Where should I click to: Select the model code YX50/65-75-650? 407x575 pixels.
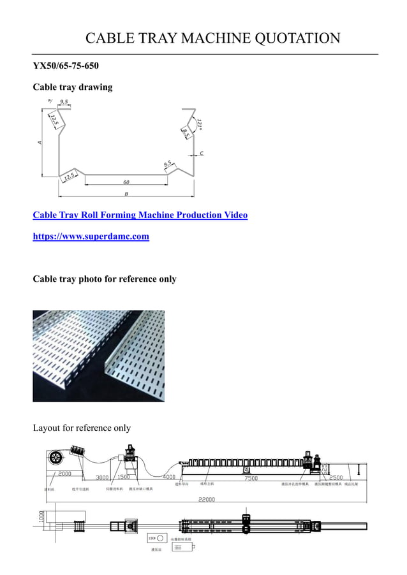(x=66, y=66)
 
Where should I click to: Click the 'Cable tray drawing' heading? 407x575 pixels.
(x=72, y=87)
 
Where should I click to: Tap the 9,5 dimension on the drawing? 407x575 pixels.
(x=64, y=101)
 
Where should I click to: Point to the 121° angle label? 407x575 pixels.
(x=200, y=124)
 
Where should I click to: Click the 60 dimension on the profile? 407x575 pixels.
(x=126, y=182)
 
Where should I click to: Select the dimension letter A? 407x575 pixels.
(x=40, y=142)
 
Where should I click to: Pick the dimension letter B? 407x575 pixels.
(x=126, y=194)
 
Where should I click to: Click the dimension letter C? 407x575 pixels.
(x=202, y=154)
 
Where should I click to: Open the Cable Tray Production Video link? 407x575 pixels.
(x=140, y=215)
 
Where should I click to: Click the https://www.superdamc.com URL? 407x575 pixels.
(x=91, y=237)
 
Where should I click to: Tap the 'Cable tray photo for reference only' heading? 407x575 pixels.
(x=104, y=279)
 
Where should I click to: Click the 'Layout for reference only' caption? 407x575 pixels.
(x=82, y=428)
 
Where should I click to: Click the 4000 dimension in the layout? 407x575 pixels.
(x=169, y=477)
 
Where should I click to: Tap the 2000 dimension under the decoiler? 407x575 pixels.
(x=64, y=474)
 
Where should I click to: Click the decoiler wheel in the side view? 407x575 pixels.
(x=56, y=458)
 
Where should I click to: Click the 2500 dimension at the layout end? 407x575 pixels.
(x=336, y=477)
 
